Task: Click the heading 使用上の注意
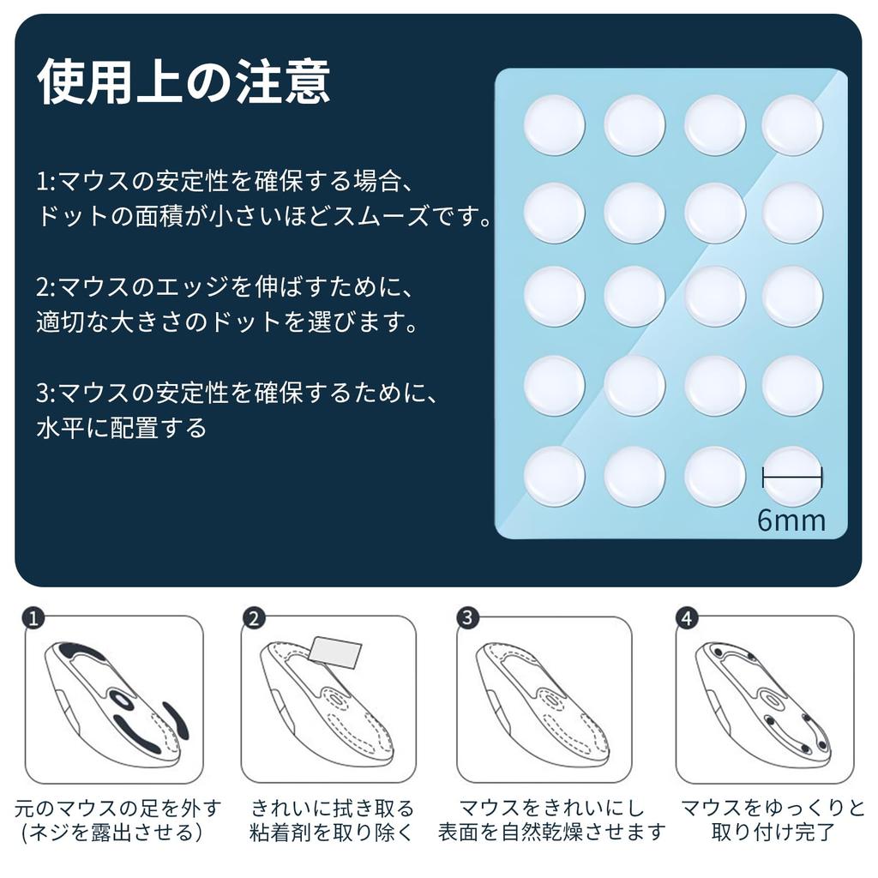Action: [183, 83]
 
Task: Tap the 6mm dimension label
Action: [791, 520]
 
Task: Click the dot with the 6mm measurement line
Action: [792, 476]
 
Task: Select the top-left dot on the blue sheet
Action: [554, 125]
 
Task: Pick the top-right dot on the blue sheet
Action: [792, 125]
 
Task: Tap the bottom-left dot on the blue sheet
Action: [554, 476]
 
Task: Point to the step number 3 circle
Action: [467, 618]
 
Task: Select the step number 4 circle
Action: [686, 618]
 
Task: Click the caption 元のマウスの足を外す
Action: [118, 808]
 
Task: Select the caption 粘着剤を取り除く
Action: [332, 833]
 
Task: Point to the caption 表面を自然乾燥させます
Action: [551, 833]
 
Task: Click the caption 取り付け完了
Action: [773, 833]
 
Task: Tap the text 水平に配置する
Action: [122, 427]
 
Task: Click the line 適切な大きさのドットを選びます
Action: [227, 323]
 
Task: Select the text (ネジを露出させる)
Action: [112, 833]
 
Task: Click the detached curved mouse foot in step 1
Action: [177, 721]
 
